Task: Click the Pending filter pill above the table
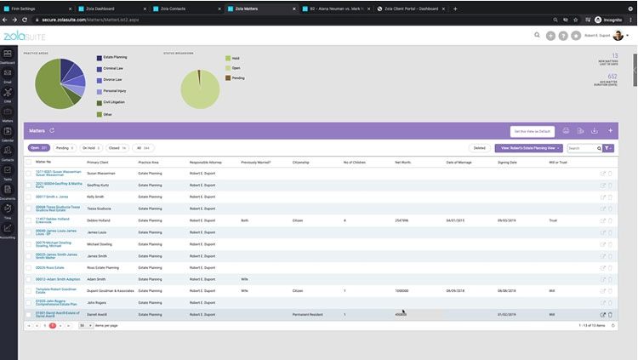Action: point(66,147)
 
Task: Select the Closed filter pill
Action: point(117,147)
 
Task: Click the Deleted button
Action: point(479,147)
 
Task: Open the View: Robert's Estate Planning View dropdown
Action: point(529,147)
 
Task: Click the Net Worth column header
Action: point(403,162)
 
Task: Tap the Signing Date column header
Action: point(507,162)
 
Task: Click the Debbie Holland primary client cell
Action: point(100,220)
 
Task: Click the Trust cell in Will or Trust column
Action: point(553,220)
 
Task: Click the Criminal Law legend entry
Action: point(113,69)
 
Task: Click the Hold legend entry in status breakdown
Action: point(232,58)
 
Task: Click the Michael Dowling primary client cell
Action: point(100,243)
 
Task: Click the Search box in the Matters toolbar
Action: point(584,148)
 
